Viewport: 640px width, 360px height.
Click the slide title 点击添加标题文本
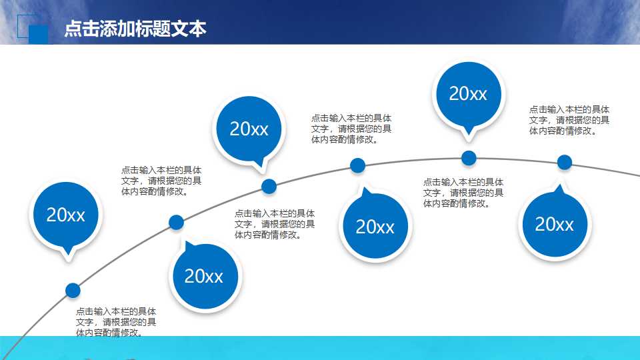tap(135, 29)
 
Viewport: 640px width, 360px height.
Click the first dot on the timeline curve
tap(73, 290)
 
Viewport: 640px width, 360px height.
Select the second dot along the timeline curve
tap(177, 223)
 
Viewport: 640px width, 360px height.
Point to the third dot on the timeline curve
tap(269, 186)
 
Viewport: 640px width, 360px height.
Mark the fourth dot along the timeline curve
tap(358, 165)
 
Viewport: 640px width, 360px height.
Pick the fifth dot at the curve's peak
tap(469, 158)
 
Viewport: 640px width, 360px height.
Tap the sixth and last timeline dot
tap(565, 162)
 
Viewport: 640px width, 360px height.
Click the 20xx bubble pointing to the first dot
tap(66, 215)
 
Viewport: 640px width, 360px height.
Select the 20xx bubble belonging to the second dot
tap(204, 276)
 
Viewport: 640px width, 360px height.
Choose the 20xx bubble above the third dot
tap(249, 129)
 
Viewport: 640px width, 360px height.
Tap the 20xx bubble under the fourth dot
tap(375, 227)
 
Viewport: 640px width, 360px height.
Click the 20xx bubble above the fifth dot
tap(468, 94)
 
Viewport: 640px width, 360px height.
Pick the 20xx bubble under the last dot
tap(554, 224)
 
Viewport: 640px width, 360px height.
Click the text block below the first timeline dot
tap(116, 321)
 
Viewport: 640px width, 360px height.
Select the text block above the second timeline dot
tap(161, 181)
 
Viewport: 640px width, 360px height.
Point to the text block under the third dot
tap(274, 224)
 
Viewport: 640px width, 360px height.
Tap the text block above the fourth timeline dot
tap(351, 129)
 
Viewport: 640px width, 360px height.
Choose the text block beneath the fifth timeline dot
tap(463, 193)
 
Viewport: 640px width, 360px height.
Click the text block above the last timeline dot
tap(569, 120)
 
